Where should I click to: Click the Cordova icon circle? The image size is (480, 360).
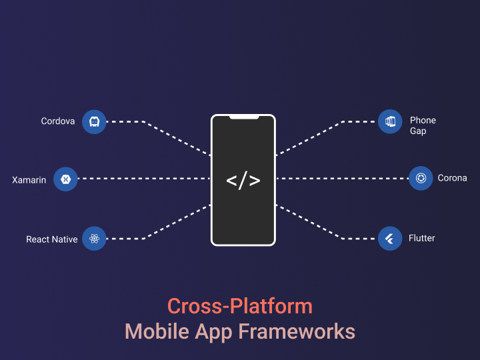point(94,122)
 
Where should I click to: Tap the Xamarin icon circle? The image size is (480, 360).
point(66,179)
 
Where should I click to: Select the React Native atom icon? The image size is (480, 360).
point(94,239)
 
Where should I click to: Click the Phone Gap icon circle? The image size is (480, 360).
point(390,122)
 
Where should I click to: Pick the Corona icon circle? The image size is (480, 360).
point(421,179)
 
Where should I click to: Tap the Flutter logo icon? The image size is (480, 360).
point(390,238)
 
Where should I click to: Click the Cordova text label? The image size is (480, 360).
point(58,121)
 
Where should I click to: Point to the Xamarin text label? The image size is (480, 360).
point(29,180)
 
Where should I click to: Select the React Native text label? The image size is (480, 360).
point(52,239)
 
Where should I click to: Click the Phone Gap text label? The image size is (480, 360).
point(423,125)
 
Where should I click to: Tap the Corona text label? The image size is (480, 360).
point(452,179)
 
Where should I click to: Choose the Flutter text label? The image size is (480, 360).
point(421,238)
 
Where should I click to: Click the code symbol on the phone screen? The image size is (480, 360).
point(243,180)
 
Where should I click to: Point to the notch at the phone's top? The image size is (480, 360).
point(244,117)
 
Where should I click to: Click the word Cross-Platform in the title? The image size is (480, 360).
point(240,306)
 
